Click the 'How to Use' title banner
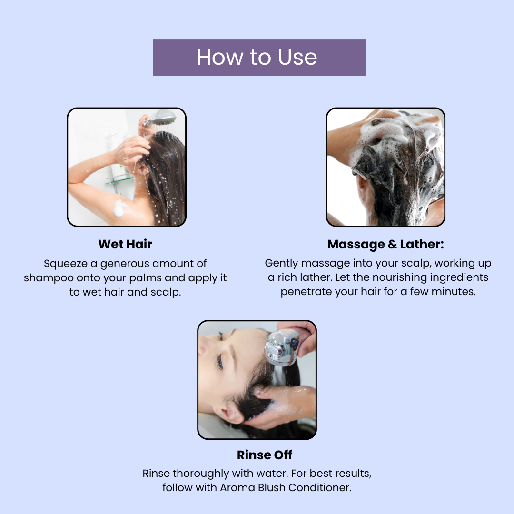pos(259,58)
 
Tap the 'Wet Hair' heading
pos(125,244)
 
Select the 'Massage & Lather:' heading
pos(385,244)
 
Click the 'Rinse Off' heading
pos(265,455)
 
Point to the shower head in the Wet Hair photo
pos(161,118)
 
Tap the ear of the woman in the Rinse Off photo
pos(232,411)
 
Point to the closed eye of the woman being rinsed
pos(218,362)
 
